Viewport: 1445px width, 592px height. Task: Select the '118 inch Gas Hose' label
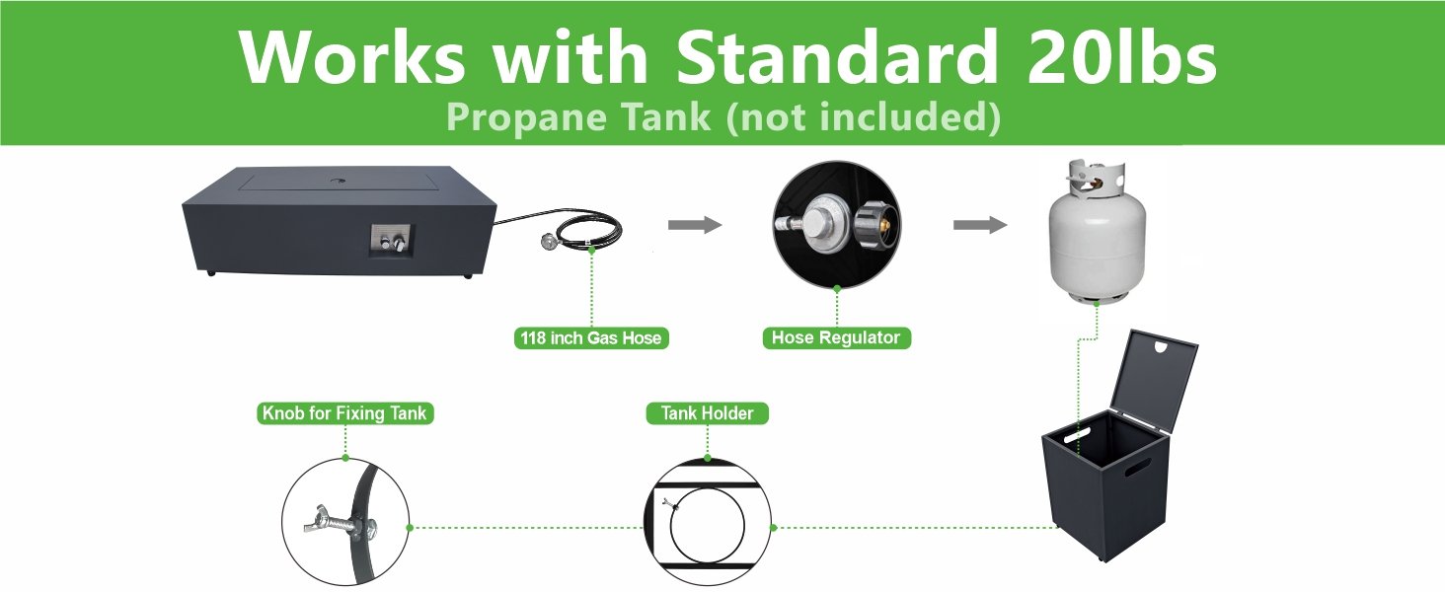591,338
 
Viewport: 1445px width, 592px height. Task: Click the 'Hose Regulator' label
836,338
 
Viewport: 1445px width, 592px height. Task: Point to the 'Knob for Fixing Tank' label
344,413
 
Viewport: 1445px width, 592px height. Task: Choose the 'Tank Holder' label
707,413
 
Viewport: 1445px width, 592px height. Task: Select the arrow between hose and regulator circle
695,226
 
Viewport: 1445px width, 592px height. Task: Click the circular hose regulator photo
836,222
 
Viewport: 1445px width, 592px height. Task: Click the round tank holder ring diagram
707,524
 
